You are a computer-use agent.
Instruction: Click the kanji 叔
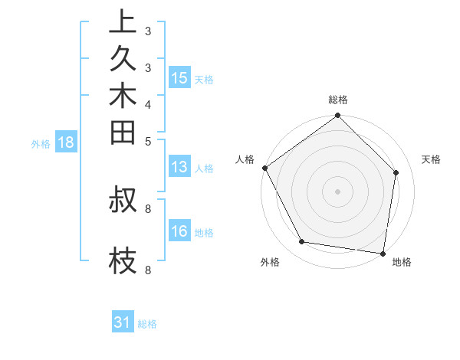coord(123,200)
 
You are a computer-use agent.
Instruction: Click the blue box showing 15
coord(179,78)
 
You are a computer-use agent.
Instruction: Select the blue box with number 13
coord(179,167)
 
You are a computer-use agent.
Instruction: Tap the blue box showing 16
coord(179,231)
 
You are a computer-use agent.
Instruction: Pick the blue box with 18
coord(66,142)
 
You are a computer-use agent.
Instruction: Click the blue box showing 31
coord(123,322)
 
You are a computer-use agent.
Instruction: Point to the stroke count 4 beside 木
coord(147,103)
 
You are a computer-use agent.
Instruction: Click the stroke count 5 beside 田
coord(147,141)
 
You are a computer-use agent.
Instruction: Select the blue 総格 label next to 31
coord(147,324)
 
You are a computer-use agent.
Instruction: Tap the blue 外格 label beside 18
coord(41,142)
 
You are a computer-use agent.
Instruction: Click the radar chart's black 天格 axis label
coord(432,159)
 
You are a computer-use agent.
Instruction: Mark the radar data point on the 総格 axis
coord(337,116)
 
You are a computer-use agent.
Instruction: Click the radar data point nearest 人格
coord(265,168)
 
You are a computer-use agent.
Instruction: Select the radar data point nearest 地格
coord(383,253)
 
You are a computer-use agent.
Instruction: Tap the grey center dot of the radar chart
coord(337,191)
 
